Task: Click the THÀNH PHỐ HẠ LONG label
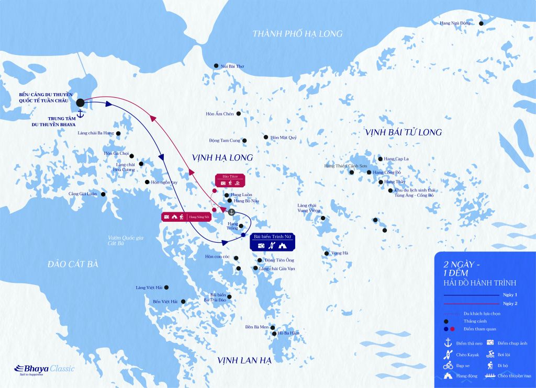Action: coord(297,34)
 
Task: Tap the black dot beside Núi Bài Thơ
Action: coord(216,66)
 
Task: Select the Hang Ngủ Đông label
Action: coord(455,23)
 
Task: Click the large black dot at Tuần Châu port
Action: coord(81,102)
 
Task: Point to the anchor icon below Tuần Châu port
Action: coord(81,113)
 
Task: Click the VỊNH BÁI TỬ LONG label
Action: coord(404,132)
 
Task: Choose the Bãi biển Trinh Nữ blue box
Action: coord(271,241)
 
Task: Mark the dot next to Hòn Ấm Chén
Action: coord(239,113)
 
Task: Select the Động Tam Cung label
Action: coord(224,140)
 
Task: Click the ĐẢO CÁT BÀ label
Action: coord(72,264)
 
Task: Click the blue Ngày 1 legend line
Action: coord(471,295)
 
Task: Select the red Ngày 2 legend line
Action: coord(471,303)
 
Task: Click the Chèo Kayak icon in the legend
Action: coord(448,355)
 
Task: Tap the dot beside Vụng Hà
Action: coord(327,254)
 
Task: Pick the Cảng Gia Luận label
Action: coord(83,194)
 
